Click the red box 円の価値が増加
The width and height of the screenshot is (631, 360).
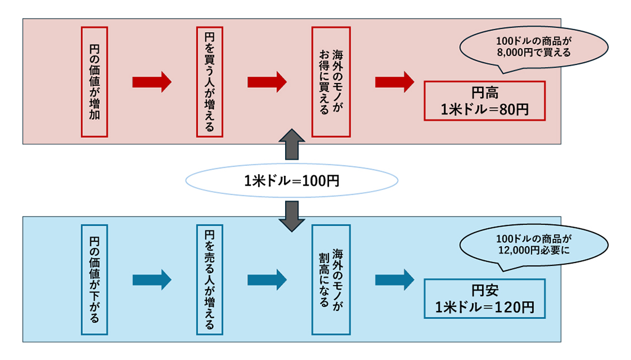pos(94,81)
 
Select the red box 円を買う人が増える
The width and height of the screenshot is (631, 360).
pos(209,81)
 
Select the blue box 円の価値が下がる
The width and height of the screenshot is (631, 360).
pos(94,279)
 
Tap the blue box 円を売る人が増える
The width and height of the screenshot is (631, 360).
pos(209,279)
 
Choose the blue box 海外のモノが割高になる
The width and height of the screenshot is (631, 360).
pos(331,279)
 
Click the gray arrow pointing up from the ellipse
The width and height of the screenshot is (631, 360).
pos(292,144)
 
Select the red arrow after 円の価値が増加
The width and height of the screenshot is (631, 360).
pos(152,81)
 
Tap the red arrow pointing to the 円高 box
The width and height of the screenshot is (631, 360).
pos(394,81)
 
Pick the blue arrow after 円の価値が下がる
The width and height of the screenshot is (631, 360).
pos(152,279)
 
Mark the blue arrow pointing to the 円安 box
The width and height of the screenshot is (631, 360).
pos(394,279)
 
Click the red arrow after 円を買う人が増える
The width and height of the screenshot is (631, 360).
pos(267,81)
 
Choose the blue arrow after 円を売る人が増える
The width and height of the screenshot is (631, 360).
pos(267,279)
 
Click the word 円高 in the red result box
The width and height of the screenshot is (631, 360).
pos(484,93)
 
